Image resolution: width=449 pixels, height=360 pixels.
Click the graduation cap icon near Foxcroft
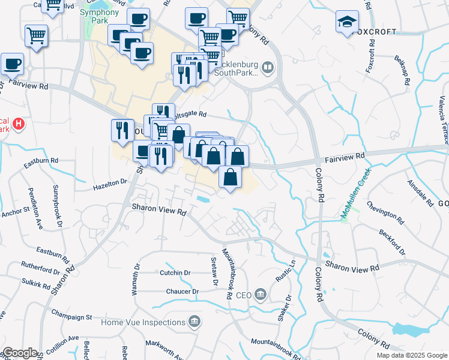[x=347, y=22]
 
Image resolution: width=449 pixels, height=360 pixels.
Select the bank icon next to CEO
[x=261, y=295]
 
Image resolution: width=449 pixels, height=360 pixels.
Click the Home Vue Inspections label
[x=143, y=322]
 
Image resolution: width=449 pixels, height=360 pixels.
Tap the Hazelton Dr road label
[x=110, y=184]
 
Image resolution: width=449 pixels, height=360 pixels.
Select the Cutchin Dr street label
[x=175, y=272]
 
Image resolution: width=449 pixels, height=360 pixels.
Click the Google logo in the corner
[x=20, y=353]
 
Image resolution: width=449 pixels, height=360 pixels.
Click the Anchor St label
[x=16, y=212]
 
